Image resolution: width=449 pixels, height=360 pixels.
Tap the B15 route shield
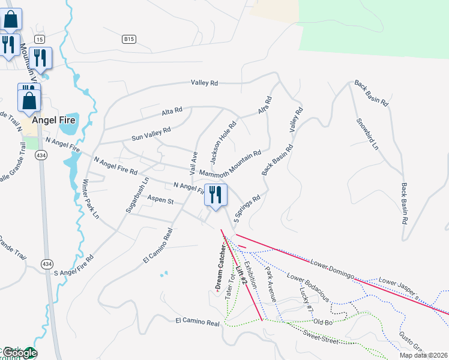click(x=128, y=39)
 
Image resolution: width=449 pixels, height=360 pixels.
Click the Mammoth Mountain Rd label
click(x=230, y=163)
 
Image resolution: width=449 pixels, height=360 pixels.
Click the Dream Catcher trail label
click(x=220, y=267)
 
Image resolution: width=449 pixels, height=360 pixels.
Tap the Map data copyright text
click(x=423, y=355)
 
